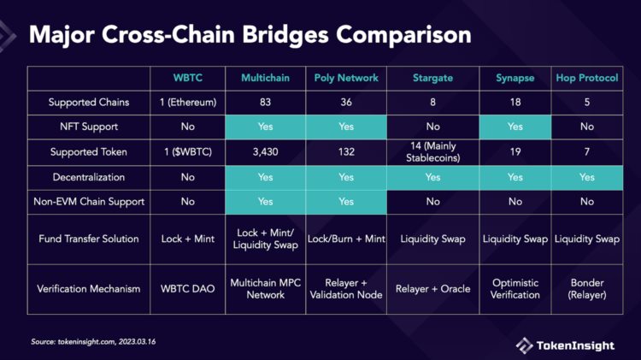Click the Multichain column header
(x=265, y=79)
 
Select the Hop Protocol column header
(x=586, y=79)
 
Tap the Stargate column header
(x=432, y=79)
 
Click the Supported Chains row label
(x=89, y=103)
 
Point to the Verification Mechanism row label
(x=89, y=288)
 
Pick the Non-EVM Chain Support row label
(x=89, y=202)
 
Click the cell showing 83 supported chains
(x=265, y=103)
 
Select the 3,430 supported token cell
(x=265, y=152)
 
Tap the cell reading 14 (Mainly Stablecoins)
(x=432, y=152)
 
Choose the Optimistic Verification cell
(x=515, y=288)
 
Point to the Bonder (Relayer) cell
(x=586, y=288)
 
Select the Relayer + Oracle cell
(x=432, y=288)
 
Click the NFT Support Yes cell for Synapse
(x=515, y=127)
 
